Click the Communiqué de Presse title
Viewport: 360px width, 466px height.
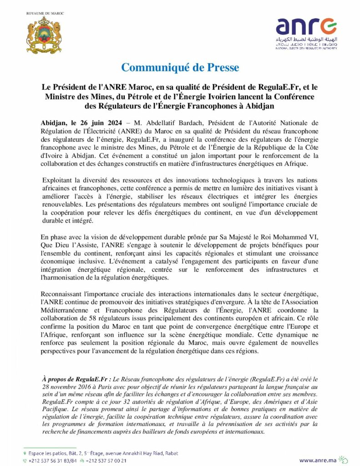tap(180, 68)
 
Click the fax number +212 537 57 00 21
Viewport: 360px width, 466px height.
tap(106, 461)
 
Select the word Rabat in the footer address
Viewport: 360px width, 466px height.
tap(171, 453)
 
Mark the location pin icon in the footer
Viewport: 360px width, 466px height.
tap(25, 453)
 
